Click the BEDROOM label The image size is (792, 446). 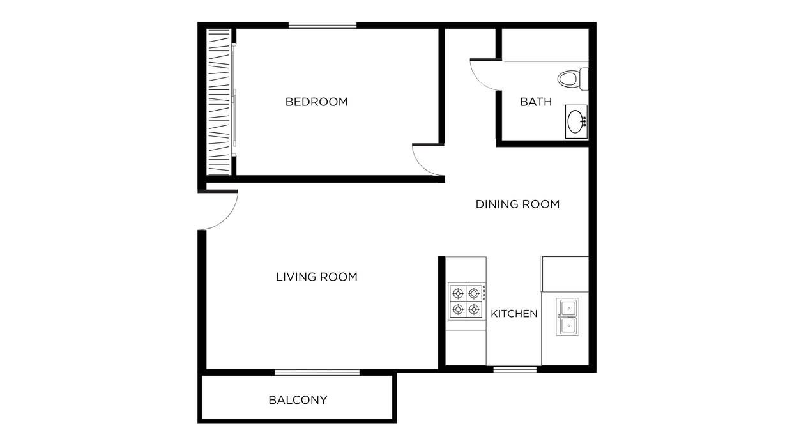316,102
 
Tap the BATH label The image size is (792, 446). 535,102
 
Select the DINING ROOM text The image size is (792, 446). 517,204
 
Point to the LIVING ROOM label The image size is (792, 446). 316,277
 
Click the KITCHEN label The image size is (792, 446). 514,314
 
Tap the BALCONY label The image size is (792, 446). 298,400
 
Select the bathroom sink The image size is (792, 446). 576,121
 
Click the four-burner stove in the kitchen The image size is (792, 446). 466,302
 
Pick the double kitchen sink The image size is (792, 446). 567,317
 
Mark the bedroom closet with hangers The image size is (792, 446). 218,102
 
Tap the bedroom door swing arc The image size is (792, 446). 427,160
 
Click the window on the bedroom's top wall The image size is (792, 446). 322,25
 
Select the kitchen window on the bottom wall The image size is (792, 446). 515,369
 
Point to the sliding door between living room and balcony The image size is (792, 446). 317,372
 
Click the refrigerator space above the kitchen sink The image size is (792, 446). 565,274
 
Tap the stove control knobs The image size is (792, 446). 484,294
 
